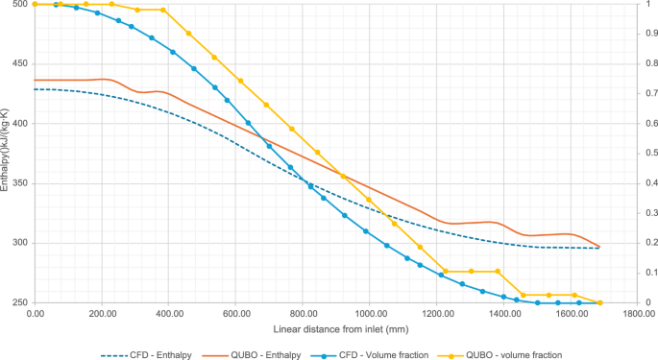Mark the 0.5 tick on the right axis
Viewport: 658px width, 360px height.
640,154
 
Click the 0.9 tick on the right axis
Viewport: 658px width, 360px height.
640,34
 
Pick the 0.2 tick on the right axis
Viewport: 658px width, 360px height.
640,243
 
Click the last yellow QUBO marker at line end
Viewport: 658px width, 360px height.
600,302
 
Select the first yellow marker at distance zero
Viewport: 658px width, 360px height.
36,4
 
